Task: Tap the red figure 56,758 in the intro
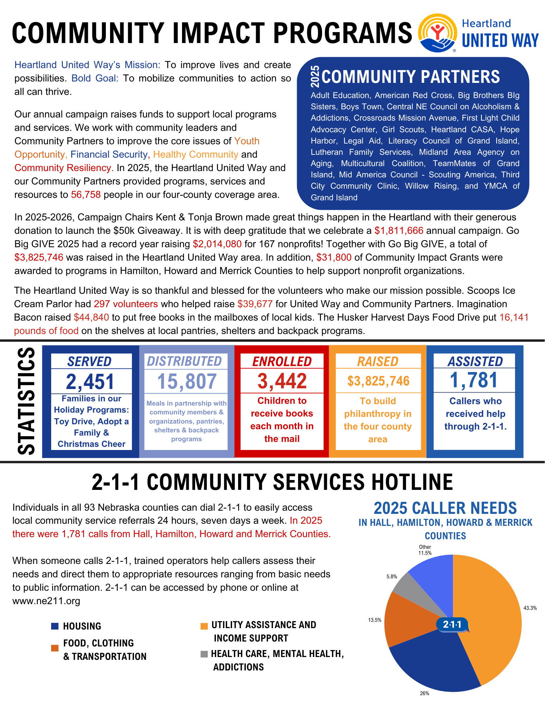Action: pos(86,195)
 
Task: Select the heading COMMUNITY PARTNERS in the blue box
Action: pos(411,77)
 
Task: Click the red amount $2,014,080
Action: pos(217,244)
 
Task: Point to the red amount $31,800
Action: pos(334,257)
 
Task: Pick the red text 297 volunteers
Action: pos(126,304)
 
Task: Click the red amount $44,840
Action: pos(91,317)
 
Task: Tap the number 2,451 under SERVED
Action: pos(90,382)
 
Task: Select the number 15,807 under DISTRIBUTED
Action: pos(187,381)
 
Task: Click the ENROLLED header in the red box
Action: pos(282,361)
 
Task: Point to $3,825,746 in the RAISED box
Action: pos(378,381)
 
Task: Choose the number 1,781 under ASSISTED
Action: pos(474,380)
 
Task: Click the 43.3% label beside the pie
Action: pos(530,608)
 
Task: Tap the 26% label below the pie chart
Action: pos(424,693)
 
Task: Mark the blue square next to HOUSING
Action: pos(55,626)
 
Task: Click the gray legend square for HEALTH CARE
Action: pos(204,654)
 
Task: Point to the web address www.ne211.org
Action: pos(46,601)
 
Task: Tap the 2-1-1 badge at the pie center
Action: pos(452,625)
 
